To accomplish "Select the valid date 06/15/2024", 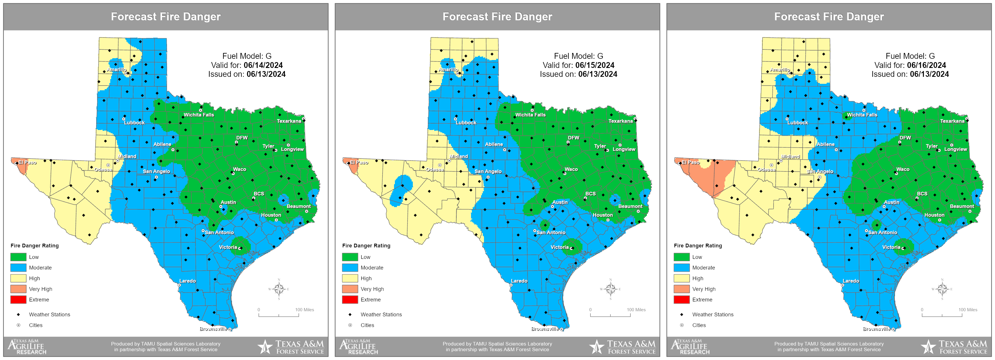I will (x=595, y=65).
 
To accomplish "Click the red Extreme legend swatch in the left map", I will (x=19, y=300).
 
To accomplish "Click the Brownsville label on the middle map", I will (x=545, y=329).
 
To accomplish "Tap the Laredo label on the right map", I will (x=851, y=281).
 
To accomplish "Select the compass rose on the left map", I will (x=278, y=289).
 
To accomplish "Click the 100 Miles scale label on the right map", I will (x=968, y=310).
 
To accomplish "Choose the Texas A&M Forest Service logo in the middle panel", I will (x=623, y=347).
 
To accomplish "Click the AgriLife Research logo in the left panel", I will (x=27, y=347).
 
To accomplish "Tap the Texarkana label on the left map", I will (x=289, y=121).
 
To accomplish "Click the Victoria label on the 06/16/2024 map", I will (x=891, y=247).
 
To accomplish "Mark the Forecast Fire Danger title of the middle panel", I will (x=497, y=16).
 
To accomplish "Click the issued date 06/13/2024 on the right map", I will (x=929, y=74).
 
